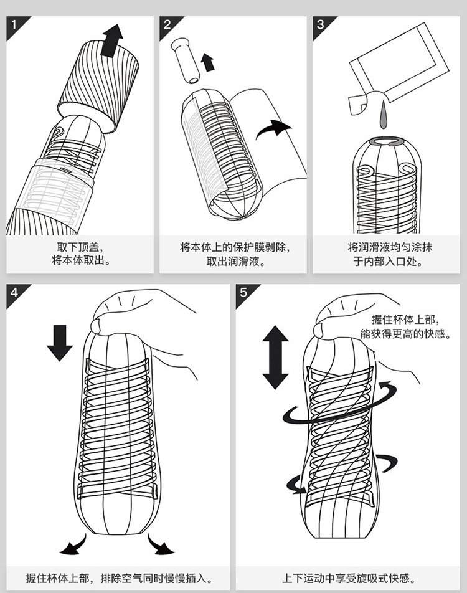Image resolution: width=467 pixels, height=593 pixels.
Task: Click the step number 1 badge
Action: (14, 24)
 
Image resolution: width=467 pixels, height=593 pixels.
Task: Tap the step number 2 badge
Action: (167, 24)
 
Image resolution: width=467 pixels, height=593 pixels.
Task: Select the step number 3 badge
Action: (320, 24)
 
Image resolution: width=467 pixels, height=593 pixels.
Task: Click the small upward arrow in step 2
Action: (207, 61)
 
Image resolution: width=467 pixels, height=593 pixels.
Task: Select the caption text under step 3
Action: (385, 254)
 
